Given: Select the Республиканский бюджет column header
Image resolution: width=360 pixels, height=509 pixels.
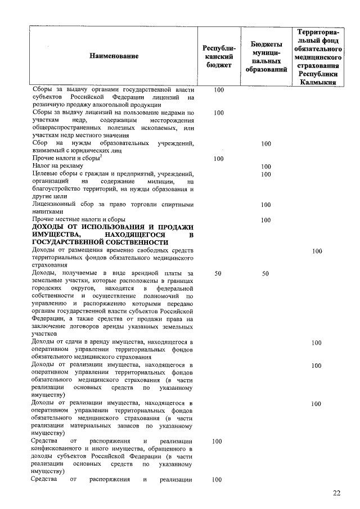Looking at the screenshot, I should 219,56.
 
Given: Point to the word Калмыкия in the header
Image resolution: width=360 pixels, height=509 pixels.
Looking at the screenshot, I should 318,82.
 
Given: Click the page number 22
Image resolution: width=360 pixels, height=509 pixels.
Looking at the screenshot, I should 336,493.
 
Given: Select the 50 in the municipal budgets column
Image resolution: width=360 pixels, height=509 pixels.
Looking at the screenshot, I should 266,273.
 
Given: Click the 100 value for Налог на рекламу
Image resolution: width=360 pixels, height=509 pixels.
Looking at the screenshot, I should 266,166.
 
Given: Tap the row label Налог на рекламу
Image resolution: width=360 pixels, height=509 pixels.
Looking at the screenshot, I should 57,166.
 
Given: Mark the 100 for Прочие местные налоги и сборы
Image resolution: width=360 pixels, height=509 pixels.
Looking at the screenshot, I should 266,220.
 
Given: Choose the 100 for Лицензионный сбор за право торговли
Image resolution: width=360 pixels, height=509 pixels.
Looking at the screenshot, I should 266,205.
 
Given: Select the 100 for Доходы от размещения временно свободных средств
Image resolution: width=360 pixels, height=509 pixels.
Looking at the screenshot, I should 317,251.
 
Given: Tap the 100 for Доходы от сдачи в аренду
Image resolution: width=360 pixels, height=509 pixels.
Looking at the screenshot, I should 317,342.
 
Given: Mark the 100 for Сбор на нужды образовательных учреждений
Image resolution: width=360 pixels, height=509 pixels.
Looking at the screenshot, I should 266,144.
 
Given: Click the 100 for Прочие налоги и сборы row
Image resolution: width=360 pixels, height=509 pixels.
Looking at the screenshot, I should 219,159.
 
